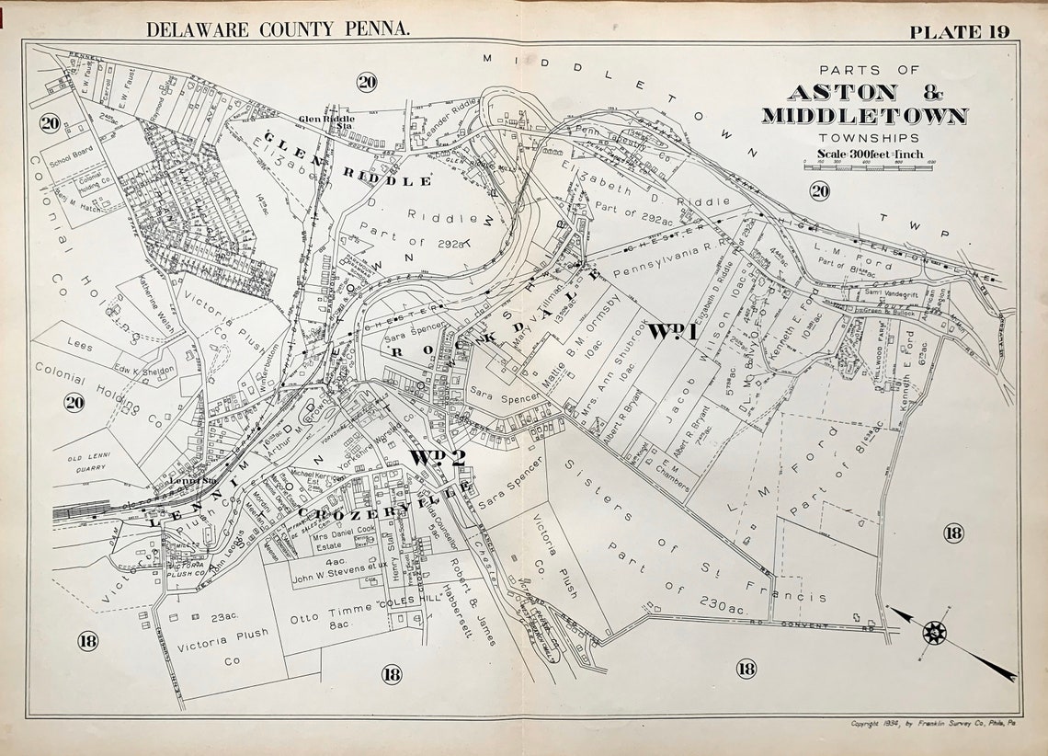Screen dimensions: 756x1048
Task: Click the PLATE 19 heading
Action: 959,30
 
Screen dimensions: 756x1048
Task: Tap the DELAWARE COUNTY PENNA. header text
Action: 279,29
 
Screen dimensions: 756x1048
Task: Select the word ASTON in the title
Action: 841,92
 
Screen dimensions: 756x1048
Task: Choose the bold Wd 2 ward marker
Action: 434,457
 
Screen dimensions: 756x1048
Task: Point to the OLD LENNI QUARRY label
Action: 94,461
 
